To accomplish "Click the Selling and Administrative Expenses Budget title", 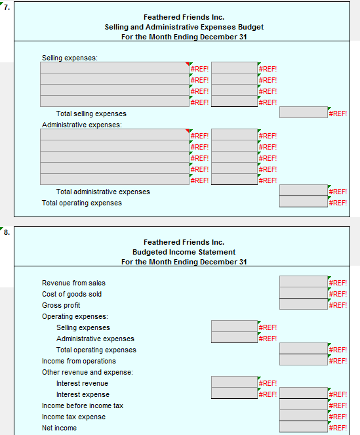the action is pyautogui.click(x=184, y=27).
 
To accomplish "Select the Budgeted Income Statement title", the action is pyautogui.click(x=184, y=252).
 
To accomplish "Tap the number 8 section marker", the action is pyautogui.click(x=6, y=232).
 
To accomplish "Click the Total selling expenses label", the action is pyautogui.click(x=91, y=114).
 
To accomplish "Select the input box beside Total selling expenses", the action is pyautogui.click(x=303, y=113).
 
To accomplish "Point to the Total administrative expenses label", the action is pyautogui.click(x=103, y=192).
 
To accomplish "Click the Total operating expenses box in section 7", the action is pyautogui.click(x=303, y=203).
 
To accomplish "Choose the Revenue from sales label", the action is pyautogui.click(x=73, y=283).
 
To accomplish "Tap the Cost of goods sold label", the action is pyautogui.click(x=72, y=294).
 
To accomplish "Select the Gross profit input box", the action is pyautogui.click(x=303, y=304).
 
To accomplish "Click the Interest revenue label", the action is pyautogui.click(x=82, y=383).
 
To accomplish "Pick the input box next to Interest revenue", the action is pyautogui.click(x=234, y=382).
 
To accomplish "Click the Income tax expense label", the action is pyautogui.click(x=73, y=417).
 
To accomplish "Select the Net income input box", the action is pyautogui.click(x=303, y=427).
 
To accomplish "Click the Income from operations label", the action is pyautogui.click(x=79, y=361).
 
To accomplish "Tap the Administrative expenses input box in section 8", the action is pyautogui.click(x=234, y=338).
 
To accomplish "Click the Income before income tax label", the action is pyautogui.click(x=83, y=405).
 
